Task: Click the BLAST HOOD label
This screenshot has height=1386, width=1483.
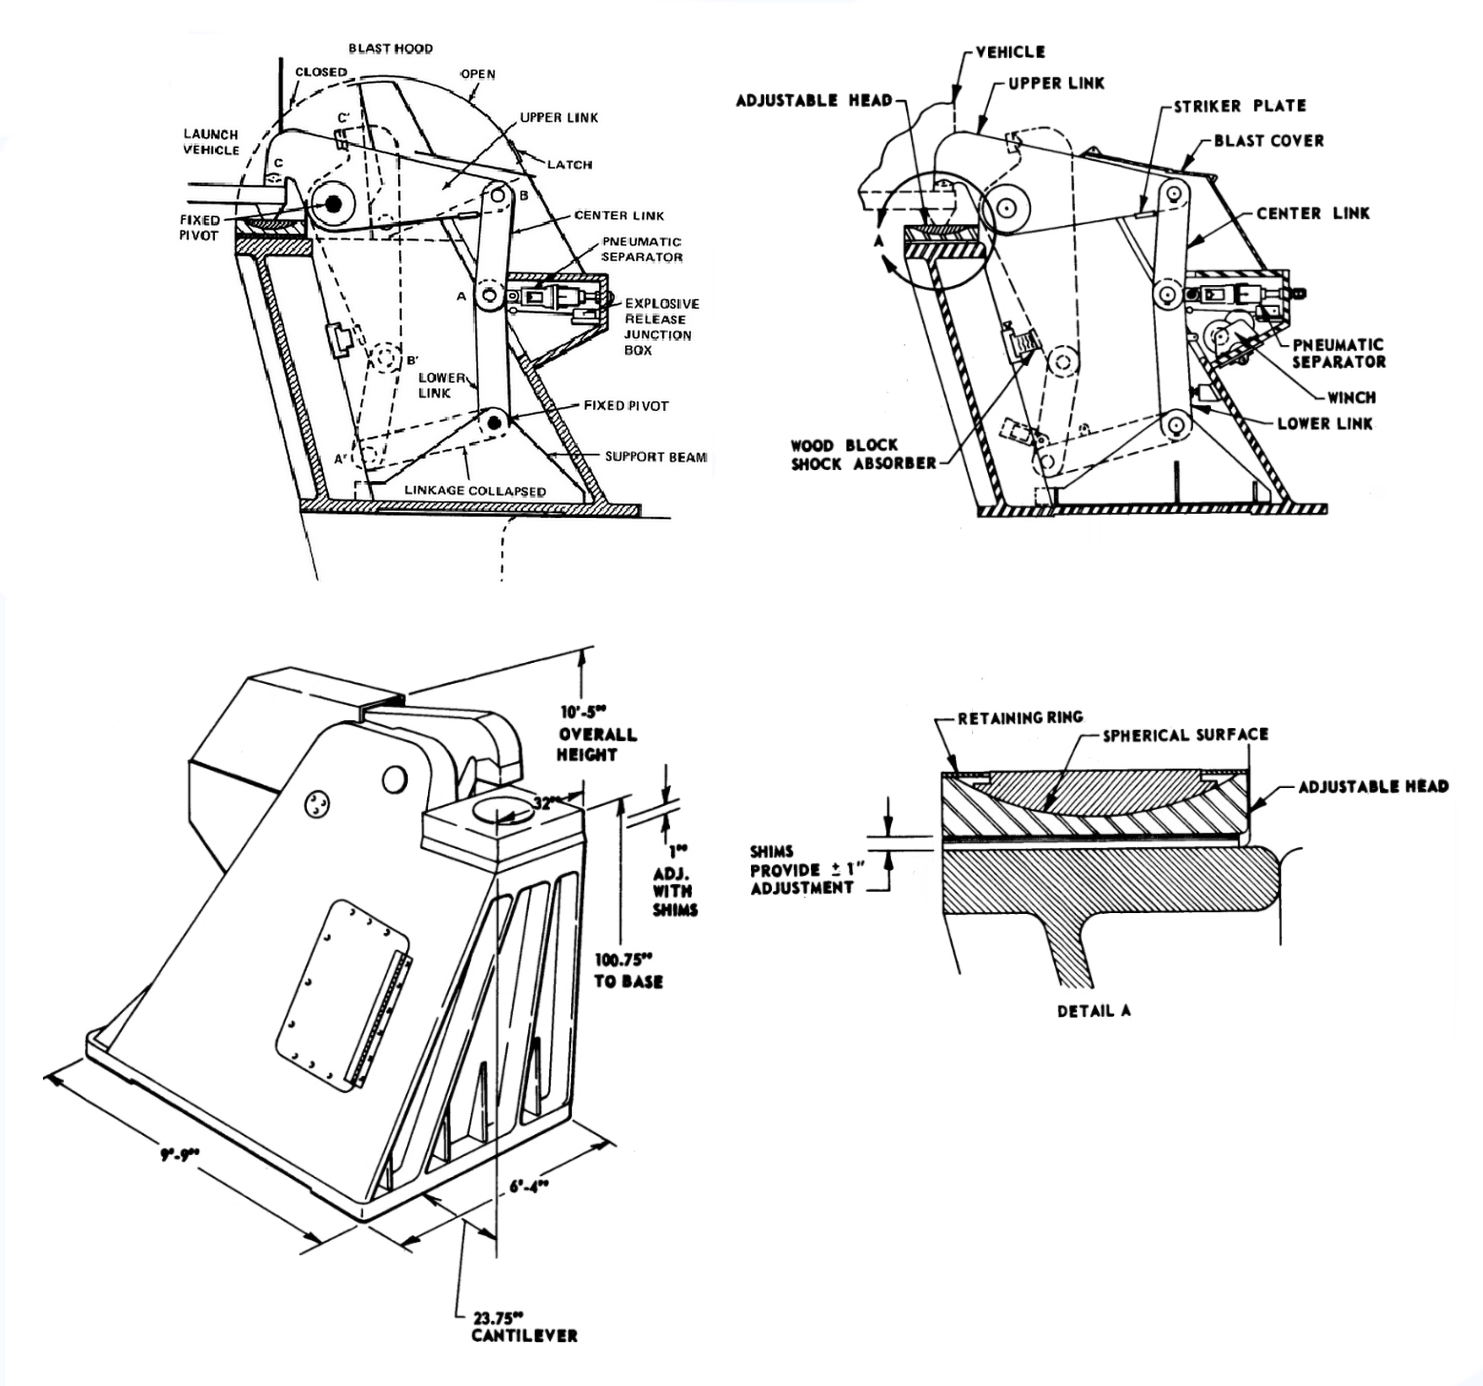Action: click(390, 48)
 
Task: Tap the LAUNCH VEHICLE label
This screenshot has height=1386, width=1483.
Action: click(211, 142)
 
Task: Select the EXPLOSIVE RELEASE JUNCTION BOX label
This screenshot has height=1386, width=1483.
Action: click(661, 326)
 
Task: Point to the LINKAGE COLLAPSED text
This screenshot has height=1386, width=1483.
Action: click(475, 491)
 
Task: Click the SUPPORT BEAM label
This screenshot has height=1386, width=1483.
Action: click(655, 457)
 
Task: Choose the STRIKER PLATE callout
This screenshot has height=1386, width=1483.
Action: click(1239, 105)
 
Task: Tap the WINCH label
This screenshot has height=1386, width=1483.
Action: click(1351, 397)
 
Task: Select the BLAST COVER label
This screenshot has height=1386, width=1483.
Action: click(1268, 140)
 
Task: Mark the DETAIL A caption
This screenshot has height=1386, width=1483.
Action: click(1093, 1010)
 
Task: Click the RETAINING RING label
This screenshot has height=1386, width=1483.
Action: click(1019, 717)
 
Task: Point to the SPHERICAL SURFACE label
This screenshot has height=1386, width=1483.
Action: click(1185, 735)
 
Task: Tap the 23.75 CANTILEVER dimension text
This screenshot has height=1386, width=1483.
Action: click(523, 1326)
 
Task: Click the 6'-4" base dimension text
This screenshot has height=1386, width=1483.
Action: click(529, 1187)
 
